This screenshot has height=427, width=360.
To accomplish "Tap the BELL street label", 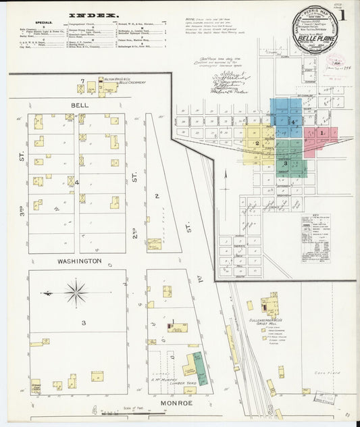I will point(80,105).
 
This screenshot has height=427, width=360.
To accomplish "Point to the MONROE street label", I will point(177,403).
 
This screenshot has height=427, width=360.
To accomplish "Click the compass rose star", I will point(76,293).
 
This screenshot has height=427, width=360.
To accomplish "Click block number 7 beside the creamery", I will point(82,81).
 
